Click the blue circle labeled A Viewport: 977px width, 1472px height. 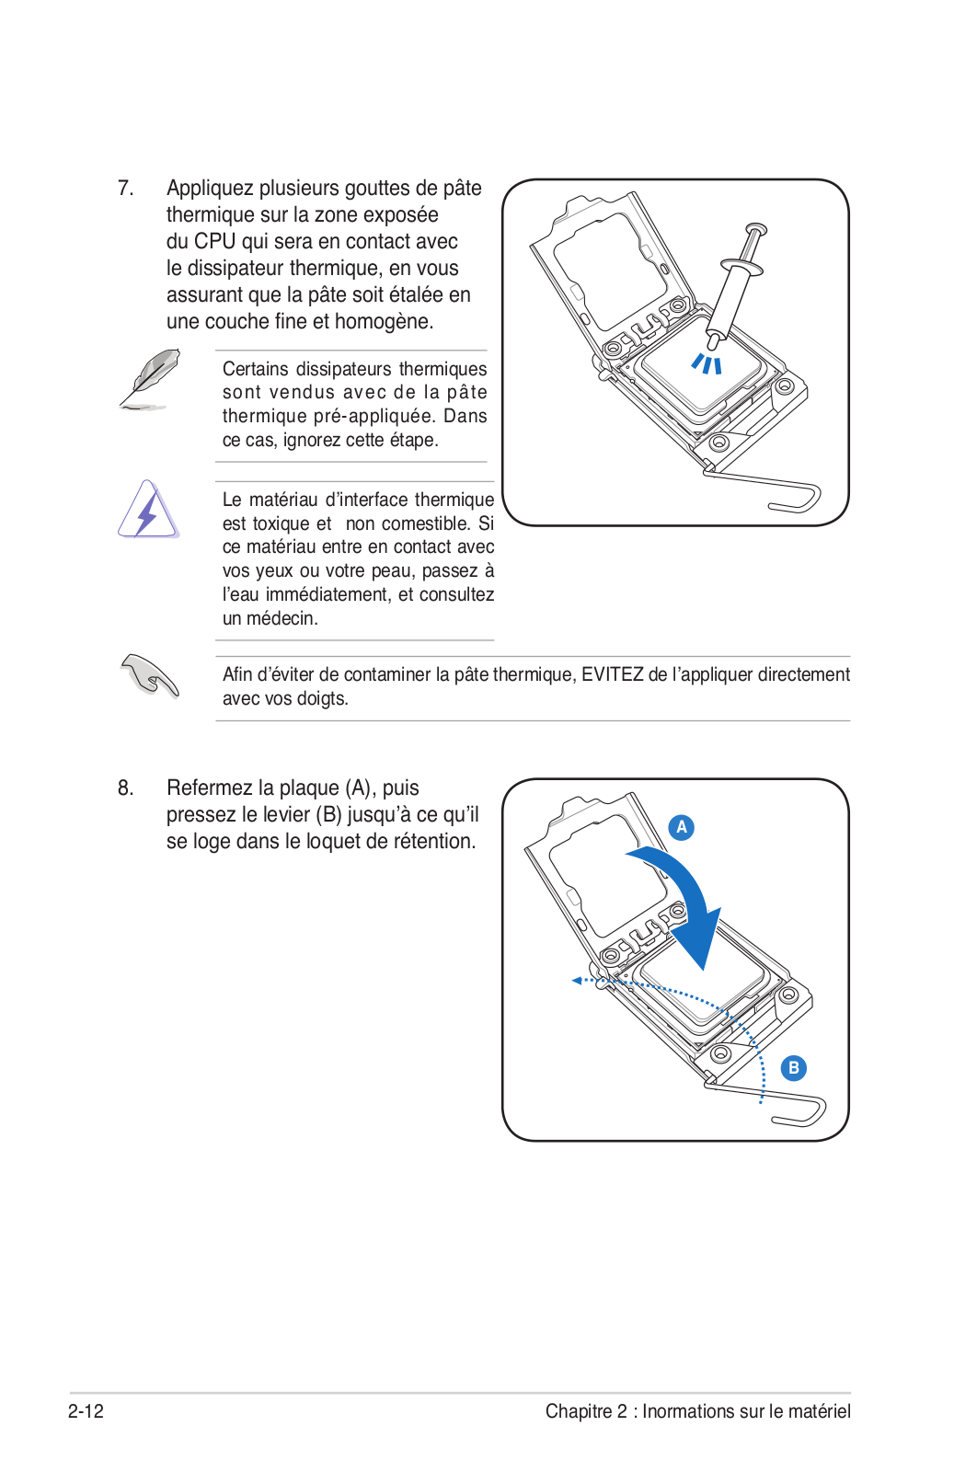coord(682,827)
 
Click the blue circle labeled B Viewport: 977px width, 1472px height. coord(793,1068)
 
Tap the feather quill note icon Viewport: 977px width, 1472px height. coord(149,379)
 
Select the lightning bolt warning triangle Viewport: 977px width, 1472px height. coord(148,510)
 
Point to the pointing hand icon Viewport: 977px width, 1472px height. coord(149,675)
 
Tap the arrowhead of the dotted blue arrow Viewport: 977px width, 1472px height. coord(577,981)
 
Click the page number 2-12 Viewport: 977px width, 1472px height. coord(86,1411)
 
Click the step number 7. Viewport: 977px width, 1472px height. coord(125,188)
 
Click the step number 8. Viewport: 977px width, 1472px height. coord(125,788)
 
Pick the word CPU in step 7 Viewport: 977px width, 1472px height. coord(214,242)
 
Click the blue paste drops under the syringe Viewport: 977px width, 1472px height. coord(707,363)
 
